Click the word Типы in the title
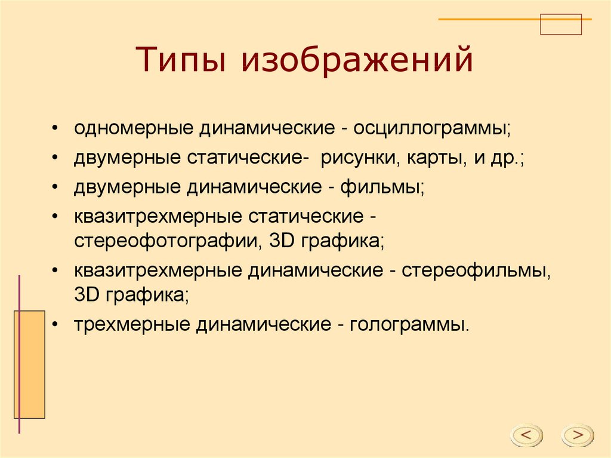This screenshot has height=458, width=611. (x=180, y=59)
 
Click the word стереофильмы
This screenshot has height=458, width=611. (x=476, y=271)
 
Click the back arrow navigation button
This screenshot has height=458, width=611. (x=526, y=435)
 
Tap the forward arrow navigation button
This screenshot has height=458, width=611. (x=578, y=435)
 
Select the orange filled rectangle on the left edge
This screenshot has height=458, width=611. (x=30, y=364)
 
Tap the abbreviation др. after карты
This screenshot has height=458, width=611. (x=507, y=158)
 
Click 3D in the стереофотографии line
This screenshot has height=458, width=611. (x=282, y=241)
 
